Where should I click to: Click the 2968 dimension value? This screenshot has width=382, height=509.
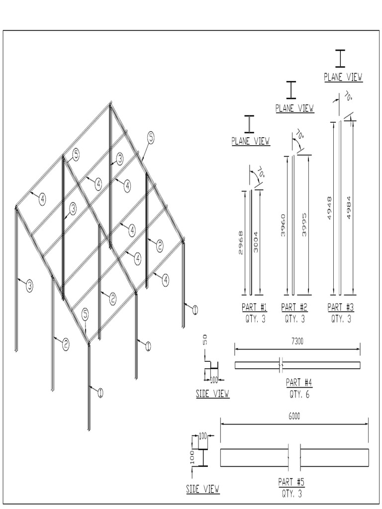(x=241, y=242)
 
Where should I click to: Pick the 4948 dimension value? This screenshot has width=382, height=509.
(x=330, y=207)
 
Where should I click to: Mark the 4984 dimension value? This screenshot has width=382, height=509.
(x=349, y=208)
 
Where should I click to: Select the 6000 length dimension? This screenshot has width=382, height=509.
(x=294, y=417)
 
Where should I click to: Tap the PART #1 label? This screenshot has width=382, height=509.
(x=254, y=307)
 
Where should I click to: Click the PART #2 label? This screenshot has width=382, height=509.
(x=294, y=307)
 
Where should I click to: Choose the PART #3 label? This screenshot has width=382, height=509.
(x=341, y=307)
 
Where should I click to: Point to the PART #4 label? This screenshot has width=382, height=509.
(x=299, y=382)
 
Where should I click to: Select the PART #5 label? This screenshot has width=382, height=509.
(x=291, y=482)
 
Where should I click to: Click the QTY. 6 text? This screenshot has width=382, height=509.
(x=299, y=394)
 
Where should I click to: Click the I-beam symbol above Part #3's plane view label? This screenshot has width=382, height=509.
(x=340, y=58)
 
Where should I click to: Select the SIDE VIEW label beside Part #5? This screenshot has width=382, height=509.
(x=203, y=489)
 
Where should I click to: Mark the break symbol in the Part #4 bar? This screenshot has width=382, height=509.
(x=282, y=365)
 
